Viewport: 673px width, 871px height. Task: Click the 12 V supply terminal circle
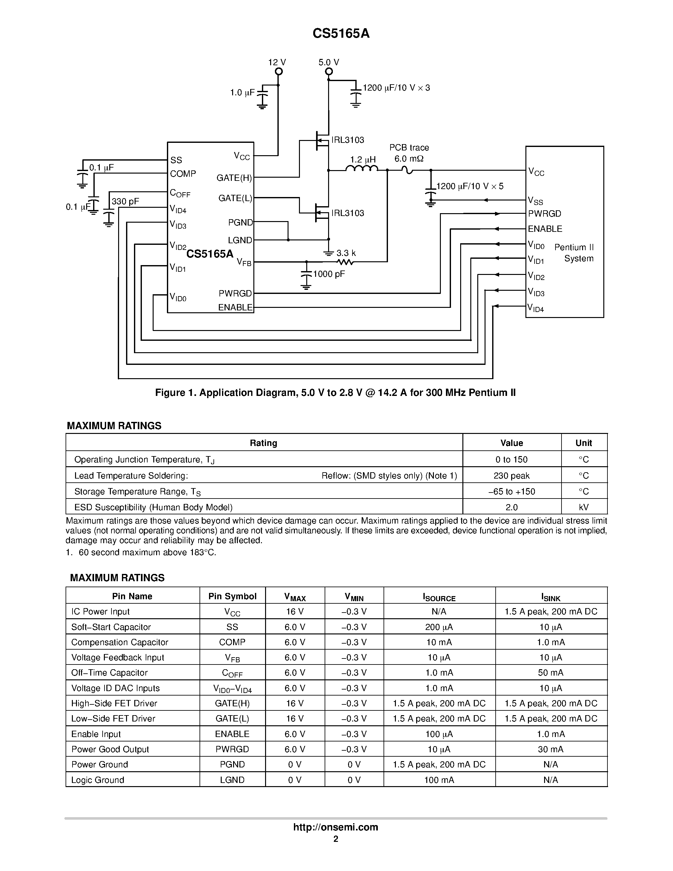click(x=279, y=71)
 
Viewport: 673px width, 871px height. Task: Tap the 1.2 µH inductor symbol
click(x=362, y=169)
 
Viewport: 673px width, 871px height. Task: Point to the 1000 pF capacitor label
click(x=329, y=274)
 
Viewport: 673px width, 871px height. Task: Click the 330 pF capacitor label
click(x=125, y=201)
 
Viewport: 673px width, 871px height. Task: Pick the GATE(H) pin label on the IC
click(x=234, y=178)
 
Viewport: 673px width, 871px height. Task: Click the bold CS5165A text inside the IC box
click(x=210, y=254)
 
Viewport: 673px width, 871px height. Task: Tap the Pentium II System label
click(x=575, y=253)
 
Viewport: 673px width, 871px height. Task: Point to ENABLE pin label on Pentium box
click(x=545, y=229)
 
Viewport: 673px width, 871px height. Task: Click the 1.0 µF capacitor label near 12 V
click(x=242, y=93)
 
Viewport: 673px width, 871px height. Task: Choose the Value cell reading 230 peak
click(x=511, y=475)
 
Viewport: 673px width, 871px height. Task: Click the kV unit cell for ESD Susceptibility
click(x=584, y=507)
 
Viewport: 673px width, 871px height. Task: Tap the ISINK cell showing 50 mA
click(x=551, y=673)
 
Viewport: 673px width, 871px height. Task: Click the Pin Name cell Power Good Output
click(x=110, y=749)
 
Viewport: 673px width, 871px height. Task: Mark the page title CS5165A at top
click(x=341, y=34)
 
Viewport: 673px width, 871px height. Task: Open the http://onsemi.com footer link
click(x=335, y=827)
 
